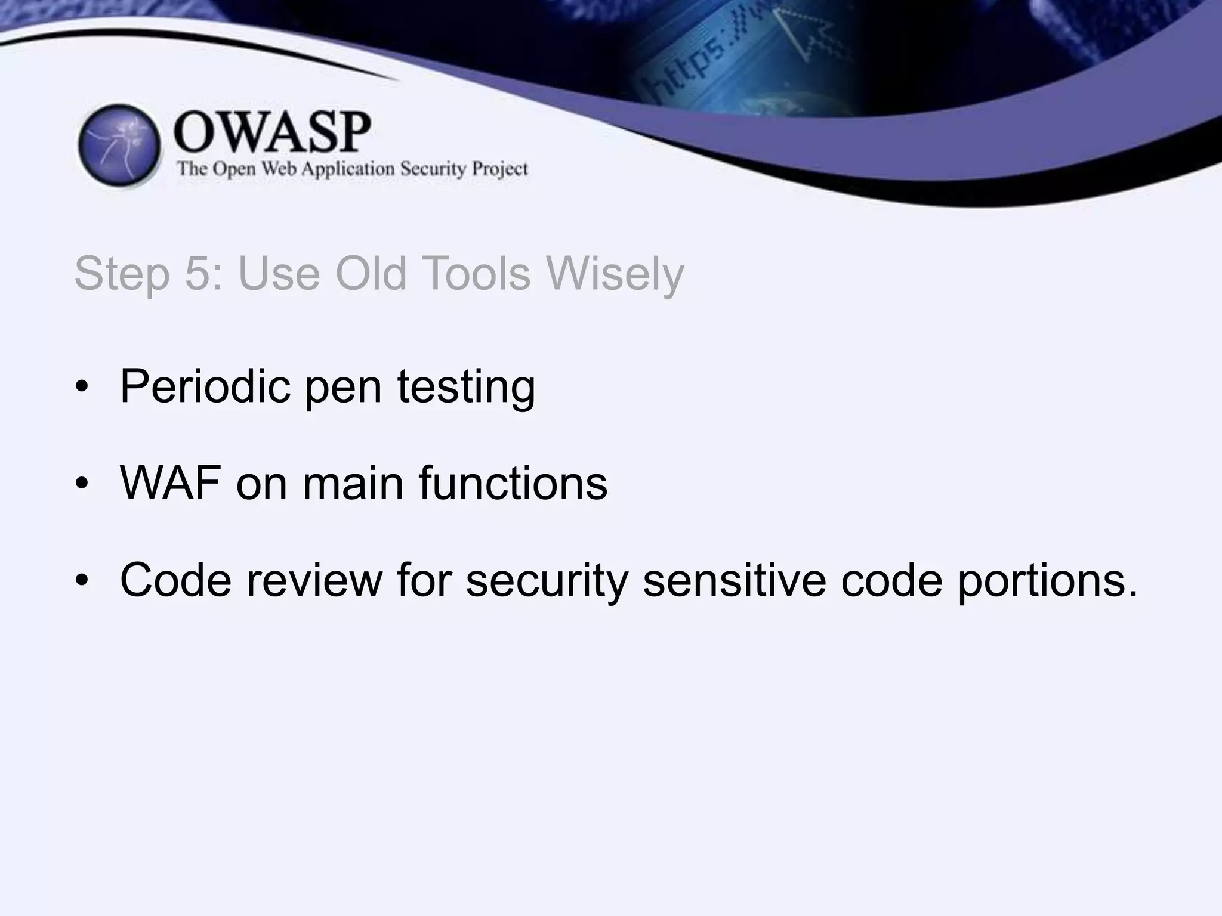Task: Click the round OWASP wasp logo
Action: click(119, 145)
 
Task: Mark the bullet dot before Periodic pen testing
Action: click(82, 387)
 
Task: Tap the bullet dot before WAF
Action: click(82, 482)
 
